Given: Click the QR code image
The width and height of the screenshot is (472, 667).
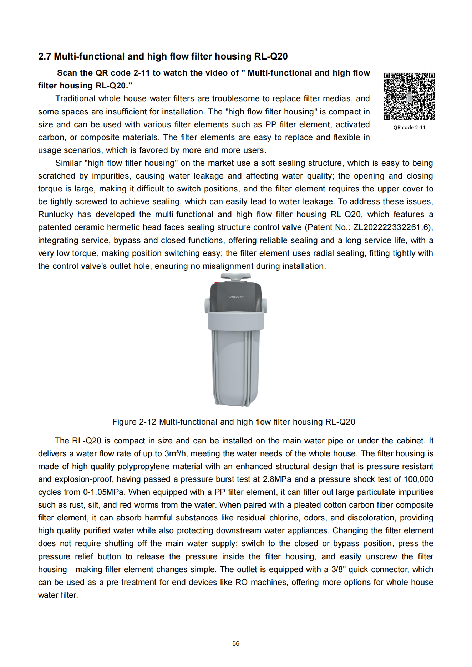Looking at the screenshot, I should click(x=409, y=96).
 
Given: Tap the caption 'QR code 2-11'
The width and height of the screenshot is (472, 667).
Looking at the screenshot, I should click(x=409, y=128).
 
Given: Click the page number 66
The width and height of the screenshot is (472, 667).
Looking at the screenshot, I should click(x=236, y=643).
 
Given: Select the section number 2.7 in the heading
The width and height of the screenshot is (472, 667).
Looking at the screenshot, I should click(x=45, y=57).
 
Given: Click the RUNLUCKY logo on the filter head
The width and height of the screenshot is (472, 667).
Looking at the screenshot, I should click(x=235, y=297).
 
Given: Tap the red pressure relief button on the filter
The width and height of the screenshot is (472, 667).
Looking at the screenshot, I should click(x=217, y=283).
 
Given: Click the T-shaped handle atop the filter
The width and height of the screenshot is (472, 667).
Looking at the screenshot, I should click(x=235, y=276).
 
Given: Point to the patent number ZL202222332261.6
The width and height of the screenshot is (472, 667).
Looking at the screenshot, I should click(x=392, y=227).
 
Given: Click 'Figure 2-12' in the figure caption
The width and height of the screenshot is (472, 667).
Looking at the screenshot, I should click(x=134, y=422).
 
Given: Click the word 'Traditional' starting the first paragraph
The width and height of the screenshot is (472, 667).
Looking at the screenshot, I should click(x=75, y=99).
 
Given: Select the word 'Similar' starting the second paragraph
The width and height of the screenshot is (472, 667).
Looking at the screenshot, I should click(x=68, y=163).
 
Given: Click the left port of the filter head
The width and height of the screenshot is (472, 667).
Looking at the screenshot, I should click(x=207, y=306).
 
